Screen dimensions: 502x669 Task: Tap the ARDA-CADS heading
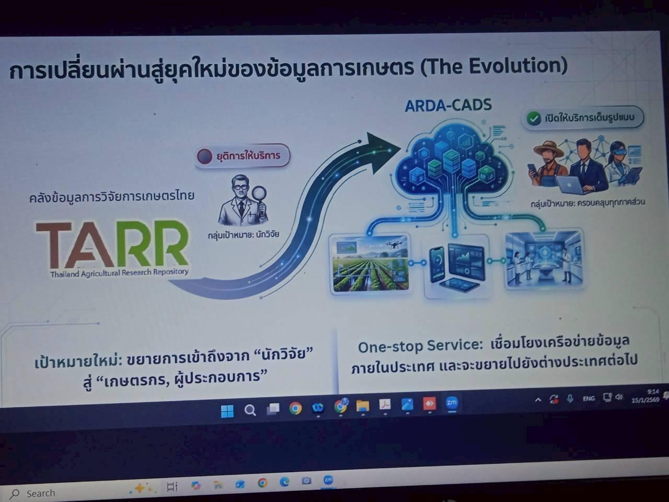448,106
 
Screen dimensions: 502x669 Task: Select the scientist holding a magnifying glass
243,201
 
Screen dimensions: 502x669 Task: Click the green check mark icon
533,119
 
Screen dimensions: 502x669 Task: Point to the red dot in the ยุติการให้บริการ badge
204,156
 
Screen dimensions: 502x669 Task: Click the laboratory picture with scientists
544,259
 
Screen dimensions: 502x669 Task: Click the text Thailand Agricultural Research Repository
119,273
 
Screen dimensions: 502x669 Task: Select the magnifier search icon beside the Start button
250,410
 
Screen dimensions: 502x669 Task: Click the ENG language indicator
589,398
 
